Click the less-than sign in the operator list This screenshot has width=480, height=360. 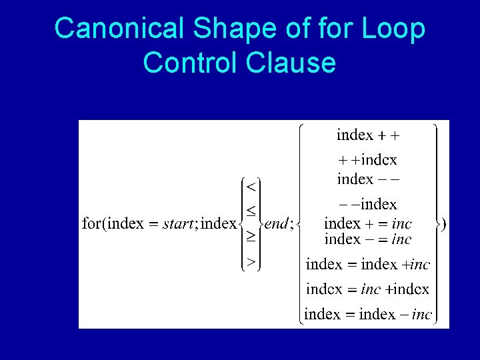point(251,185)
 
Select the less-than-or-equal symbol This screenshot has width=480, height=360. point(251,211)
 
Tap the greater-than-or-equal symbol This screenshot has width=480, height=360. point(251,236)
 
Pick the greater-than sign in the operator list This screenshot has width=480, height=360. point(251,262)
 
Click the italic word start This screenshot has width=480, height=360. point(178,224)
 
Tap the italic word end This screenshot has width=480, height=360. point(275,224)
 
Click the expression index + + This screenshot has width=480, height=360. point(368,135)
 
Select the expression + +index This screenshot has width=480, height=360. point(367,160)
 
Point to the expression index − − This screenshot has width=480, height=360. point(367,179)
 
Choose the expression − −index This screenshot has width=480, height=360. point(367,204)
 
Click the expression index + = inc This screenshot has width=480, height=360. point(367,223)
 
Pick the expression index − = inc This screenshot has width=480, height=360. point(367,239)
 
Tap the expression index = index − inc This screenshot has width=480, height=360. point(368,314)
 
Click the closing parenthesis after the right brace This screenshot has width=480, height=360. point(444,225)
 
